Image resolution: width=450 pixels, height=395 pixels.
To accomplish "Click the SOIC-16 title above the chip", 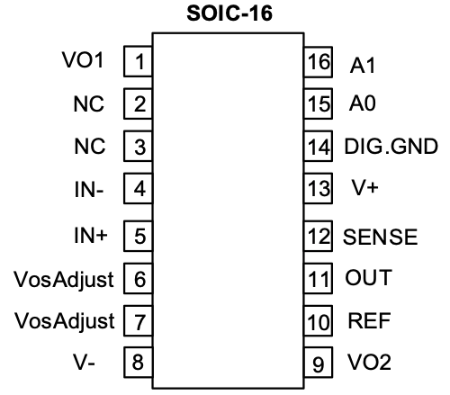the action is click(229, 13).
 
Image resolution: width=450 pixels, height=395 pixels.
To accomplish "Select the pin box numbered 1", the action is click(139, 61).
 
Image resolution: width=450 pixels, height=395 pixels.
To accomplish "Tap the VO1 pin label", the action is click(83, 59).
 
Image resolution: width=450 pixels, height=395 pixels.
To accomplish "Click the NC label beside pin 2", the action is click(89, 104).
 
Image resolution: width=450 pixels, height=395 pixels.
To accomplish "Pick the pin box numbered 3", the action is click(139, 146).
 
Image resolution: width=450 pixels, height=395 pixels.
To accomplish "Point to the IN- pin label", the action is click(89, 189).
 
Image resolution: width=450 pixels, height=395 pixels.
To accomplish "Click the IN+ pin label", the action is click(91, 235).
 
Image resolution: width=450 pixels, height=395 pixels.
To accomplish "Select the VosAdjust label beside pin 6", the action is click(64, 280).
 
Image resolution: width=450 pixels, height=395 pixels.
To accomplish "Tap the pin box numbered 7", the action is click(139, 320).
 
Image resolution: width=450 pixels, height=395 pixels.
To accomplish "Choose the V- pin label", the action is click(84, 362).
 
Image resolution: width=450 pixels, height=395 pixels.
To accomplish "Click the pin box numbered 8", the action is click(139, 362).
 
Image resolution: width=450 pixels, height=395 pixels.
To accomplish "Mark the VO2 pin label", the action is click(369, 362).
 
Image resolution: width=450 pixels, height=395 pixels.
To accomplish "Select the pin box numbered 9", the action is click(318, 363).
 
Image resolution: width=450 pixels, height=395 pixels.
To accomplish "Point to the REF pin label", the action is click(369, 320).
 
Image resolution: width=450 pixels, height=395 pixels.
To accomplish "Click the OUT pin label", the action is click(369, 277).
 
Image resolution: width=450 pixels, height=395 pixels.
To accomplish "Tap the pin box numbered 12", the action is click(318, 236).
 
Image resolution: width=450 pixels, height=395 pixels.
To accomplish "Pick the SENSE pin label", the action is click(380, 237).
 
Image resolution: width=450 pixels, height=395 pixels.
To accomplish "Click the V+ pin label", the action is click(364, 187).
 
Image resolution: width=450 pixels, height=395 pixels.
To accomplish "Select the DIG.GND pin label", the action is click(391, 147).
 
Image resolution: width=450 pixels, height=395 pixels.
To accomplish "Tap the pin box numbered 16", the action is click(318, 62).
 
